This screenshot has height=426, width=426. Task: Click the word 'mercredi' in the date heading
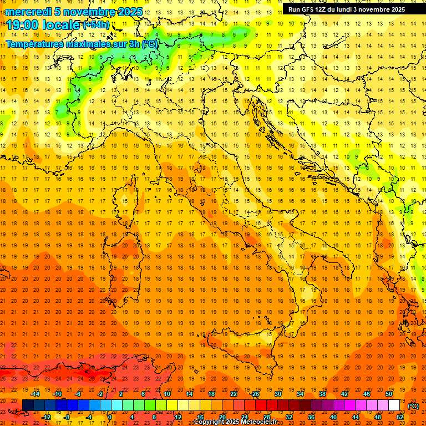point(28,12)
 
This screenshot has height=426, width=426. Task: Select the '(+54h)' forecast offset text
point(96,25)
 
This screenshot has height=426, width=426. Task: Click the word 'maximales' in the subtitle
point(87,44)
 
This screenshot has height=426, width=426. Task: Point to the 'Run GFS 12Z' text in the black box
point(308,9)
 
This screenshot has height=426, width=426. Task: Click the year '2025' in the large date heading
point(130,12)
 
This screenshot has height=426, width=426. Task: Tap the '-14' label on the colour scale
point(35,394)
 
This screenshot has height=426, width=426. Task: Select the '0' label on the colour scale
point(110,417)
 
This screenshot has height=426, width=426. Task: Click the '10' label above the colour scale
point(166,394)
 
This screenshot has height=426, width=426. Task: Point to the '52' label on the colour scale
point(400,417)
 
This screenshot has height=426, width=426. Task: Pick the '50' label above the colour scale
point(389,394)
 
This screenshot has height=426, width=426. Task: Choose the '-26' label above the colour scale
point(255,394)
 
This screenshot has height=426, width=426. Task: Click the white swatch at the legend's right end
point(394,405)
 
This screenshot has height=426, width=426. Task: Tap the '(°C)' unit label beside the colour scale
point(413,406)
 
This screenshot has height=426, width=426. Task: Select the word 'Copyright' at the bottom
point(209,422)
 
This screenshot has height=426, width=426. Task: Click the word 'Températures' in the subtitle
point(34,44)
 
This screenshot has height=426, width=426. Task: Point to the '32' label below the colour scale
point(288,417)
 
